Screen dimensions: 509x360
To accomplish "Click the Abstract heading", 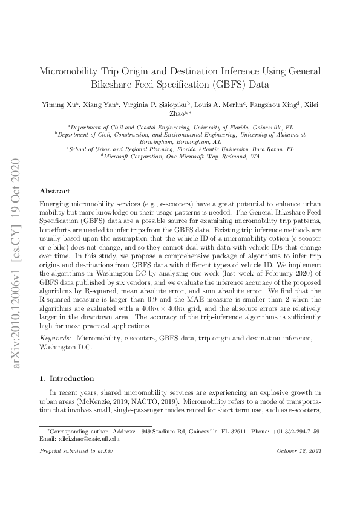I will pos(54,190).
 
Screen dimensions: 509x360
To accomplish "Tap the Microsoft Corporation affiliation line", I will pos(180,156).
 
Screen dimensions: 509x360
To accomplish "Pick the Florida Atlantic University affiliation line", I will pos(180,149).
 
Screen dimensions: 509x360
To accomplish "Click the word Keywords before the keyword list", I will pos(54,339).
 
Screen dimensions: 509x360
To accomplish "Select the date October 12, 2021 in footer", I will pos(298,452).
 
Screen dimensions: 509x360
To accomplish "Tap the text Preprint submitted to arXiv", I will pos(76,452).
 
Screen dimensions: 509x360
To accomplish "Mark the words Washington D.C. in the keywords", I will pos(61,348).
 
